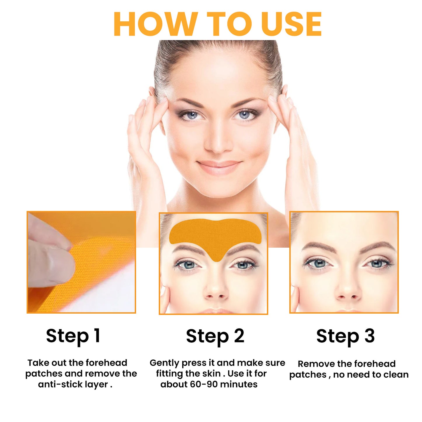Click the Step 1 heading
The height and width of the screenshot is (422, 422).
click(73, 336)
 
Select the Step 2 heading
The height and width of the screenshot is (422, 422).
click(215, 336)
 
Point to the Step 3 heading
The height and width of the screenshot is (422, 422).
click(345, 336)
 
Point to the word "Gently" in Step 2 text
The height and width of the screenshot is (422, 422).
click(164, 363)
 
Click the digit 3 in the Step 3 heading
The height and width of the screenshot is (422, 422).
click(369, 336)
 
